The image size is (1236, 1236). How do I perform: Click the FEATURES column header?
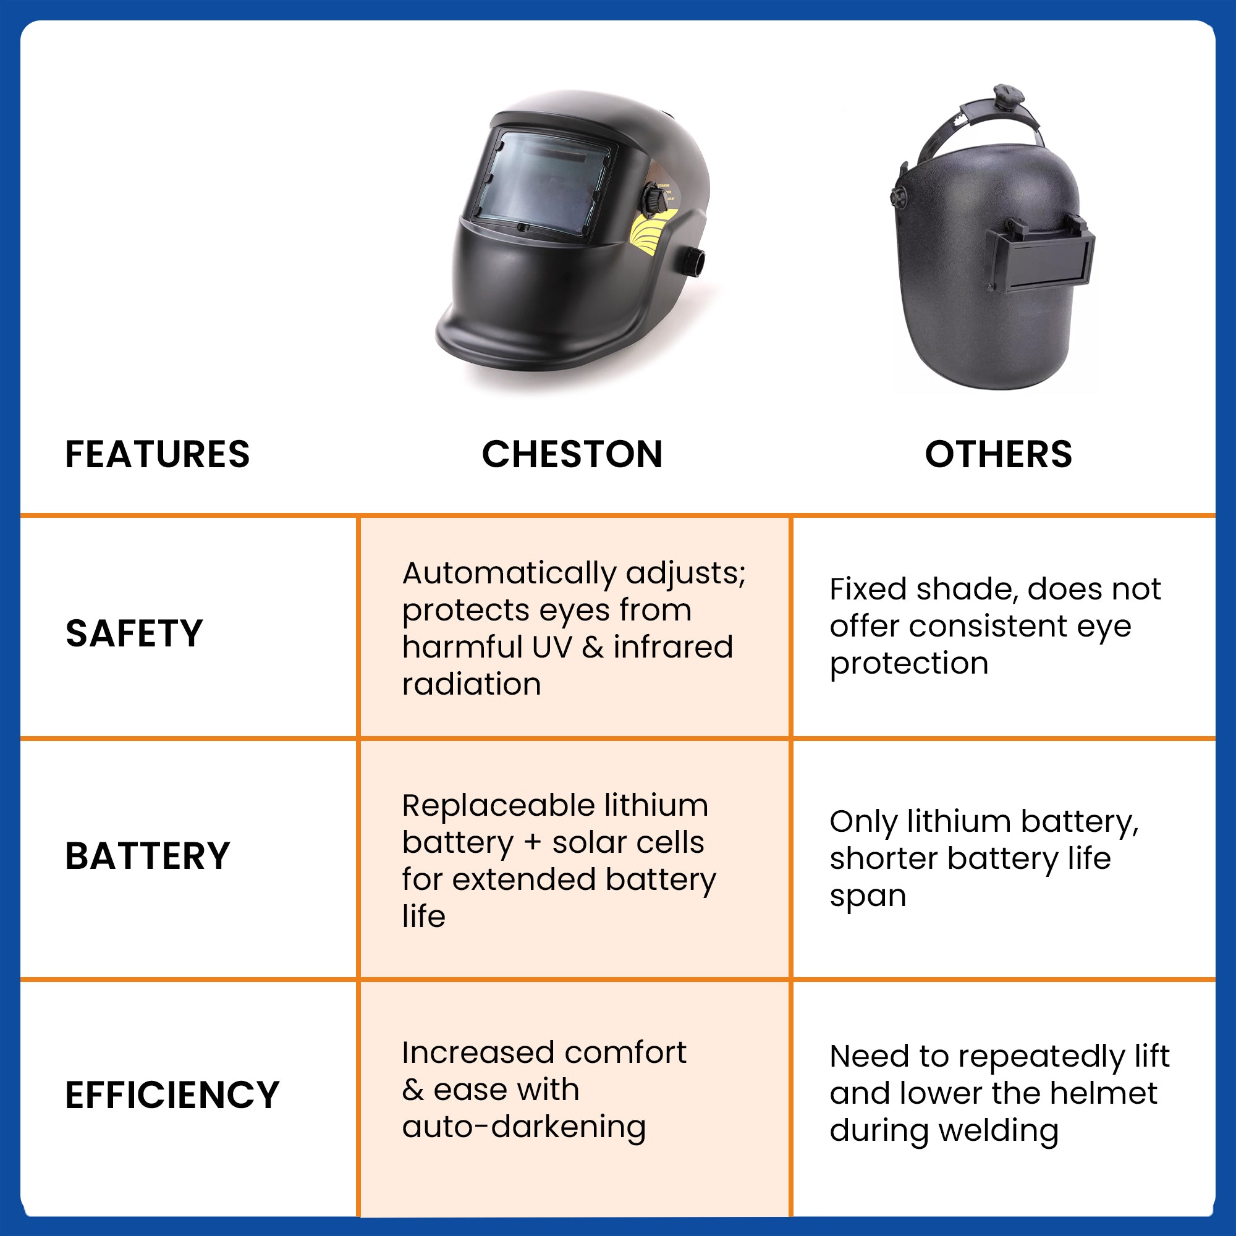pyautogui.click(x=158, y=454)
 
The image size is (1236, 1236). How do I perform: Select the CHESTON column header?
pyautogui.click(x=572, y=454)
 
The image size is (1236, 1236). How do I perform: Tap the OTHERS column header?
pyautogui.click(x=998, y=454)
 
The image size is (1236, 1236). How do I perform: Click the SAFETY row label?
pyautogui.click(x=134, y=633)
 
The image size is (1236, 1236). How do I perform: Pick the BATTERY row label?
pyautogui.click(x=148, y=856)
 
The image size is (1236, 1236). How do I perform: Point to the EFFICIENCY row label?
pyautogui.click(x=173, y=1094)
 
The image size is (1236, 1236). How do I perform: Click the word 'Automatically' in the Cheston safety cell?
pyautogui.click(x=509, y=574)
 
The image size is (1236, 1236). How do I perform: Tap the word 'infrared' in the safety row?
pyautogui.click(x=673, y=647)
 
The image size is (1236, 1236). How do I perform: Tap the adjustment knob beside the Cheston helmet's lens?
pyautogui.click(x=654, y=200)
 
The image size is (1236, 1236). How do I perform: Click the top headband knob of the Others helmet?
pyautogui.click(x=1006, y=95)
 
